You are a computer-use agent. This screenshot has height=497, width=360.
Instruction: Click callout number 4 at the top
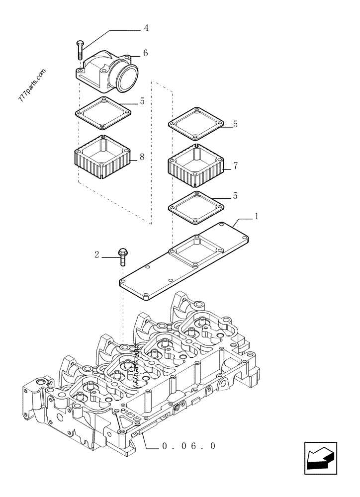tap(146, 28)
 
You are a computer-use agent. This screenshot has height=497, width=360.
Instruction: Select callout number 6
tap(145, 53)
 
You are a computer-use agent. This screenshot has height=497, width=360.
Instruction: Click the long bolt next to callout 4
tap(80, 50)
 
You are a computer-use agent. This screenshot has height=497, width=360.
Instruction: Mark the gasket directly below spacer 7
tap(197, 205)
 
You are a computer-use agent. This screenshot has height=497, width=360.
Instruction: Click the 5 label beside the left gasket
tap(142, 101)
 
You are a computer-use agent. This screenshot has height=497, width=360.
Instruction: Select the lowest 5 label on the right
tap(236, 196)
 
